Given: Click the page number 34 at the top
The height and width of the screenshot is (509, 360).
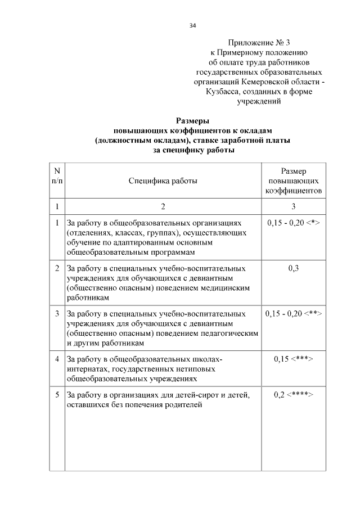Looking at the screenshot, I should pyautogui.click(x=192, y=25).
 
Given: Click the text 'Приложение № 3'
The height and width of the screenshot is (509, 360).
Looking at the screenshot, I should pyautogui.click(x=259, y=43).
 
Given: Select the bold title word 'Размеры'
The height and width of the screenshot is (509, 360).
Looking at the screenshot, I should pyautogui.click(x=193, y=120).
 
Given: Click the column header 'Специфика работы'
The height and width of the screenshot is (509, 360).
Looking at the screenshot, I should pyautogui.click(x=163, y=181).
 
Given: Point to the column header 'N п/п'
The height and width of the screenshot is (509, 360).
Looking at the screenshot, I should pyautogui.click(x=57, y=175).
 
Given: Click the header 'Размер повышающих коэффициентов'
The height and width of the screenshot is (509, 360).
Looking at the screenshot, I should pyautogui.click(x=293, y=181).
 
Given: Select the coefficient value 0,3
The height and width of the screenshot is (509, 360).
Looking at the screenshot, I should pyautogui.click(x=293, y=268).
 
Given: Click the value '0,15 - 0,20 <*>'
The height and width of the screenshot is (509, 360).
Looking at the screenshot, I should pyautogui.click(x=292, y=223).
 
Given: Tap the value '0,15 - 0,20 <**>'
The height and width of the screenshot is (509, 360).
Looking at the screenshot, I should pyautogui.click(x=293, y=313).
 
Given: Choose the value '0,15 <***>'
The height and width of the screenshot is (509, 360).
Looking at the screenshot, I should pyautogui.click(x=293, y=359).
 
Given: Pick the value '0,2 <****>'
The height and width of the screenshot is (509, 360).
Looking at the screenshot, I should pyautogui.click(x=293, y=394).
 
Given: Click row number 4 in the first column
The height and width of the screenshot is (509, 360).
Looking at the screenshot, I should pyautogui.click(x=57, y=359).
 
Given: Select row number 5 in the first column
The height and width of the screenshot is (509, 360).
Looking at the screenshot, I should pyautogui.click(x=57, y=394).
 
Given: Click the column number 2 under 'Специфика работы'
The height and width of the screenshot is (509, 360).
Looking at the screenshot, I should pyautogui.click(x=163, y=206).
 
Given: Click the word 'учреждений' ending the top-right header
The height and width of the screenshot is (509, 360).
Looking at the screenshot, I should pyautogui.click(x=259, y=102).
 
